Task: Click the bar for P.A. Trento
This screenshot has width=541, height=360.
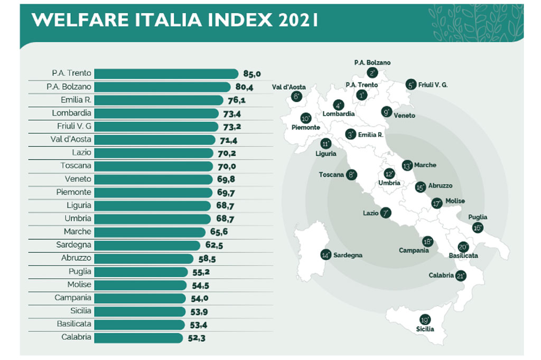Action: pos(166,73)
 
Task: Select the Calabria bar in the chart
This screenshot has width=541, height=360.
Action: pos(138,337)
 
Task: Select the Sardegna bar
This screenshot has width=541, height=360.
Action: pos(147,245)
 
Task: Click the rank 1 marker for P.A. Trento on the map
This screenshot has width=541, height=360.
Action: pos(362,95)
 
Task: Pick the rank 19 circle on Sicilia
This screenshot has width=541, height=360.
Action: pos(425,320)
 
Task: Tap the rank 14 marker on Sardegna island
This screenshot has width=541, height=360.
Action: pos(326,254)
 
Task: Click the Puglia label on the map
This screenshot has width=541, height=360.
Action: pos(478,217)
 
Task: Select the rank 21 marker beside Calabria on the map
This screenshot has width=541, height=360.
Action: pos(460,276)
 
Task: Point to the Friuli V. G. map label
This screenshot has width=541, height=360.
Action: pos(436,85)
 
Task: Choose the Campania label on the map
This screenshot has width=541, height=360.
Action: pos(414,250)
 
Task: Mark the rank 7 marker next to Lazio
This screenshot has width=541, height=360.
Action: pos(386,213)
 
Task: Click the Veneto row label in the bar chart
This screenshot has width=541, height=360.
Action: pos(78,179)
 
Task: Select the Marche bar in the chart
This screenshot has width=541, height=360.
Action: pos(150,232)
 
